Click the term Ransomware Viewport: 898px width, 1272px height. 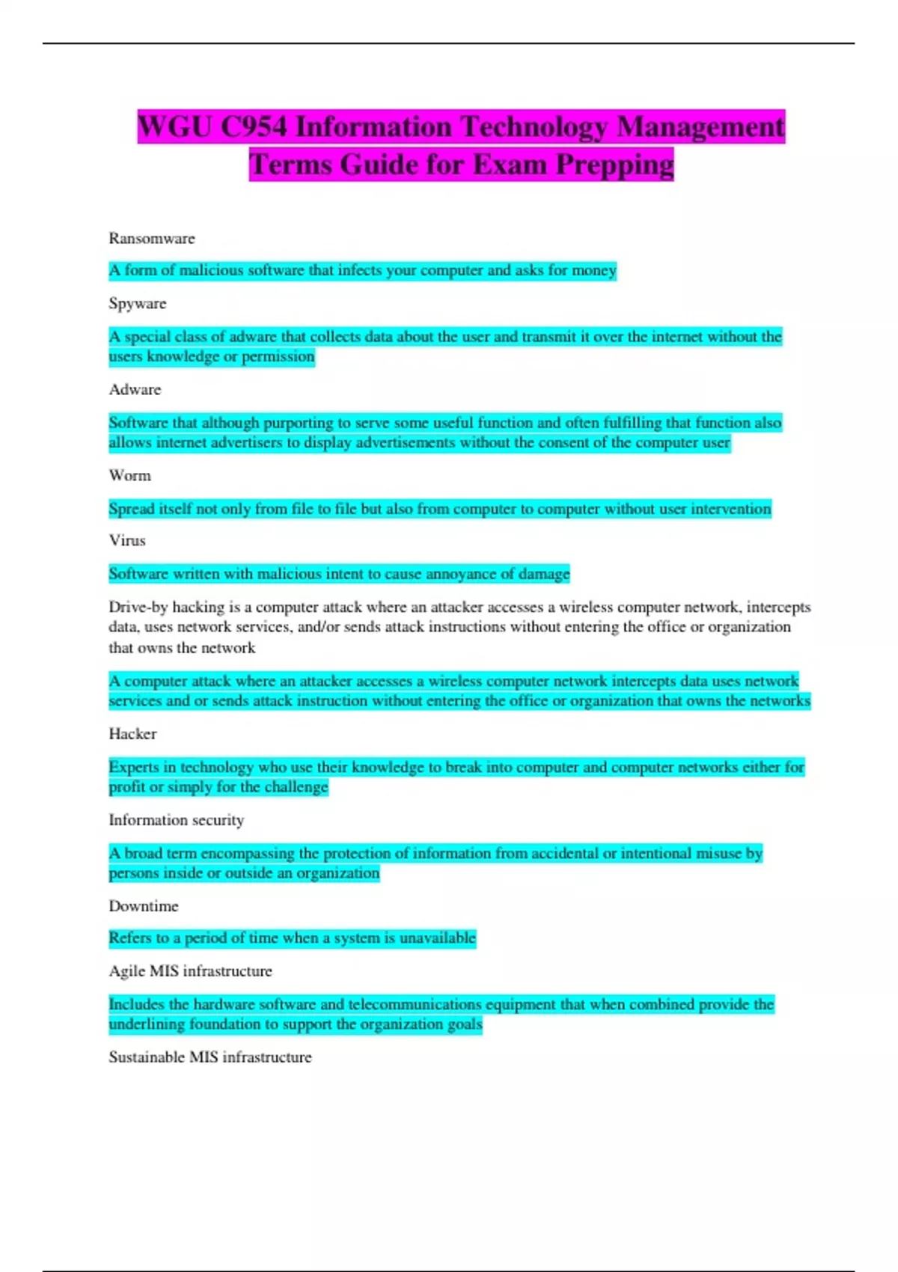pyautogui.click(x=152, y=239)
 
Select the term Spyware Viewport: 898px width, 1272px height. pyautogui.click(x=138, y=304)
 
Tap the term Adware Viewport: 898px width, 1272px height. pyautogui.click(x=135, y=390)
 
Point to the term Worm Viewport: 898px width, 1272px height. pyautogui.click(x=129, y=476)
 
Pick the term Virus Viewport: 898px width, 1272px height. pyautogui.click(x=127, y=540)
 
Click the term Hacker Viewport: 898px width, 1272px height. pyautogui.click(x=132, y=734)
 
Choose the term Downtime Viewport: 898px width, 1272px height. pyautogui.click(x=144, y=906)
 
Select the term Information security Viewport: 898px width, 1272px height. pyautogui.click(x=177, y=820)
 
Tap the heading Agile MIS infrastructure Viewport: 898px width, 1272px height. pyautogui.click(x=190, y=971)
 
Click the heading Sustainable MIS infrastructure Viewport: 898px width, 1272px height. pyautogui.click(x=210, y=1057)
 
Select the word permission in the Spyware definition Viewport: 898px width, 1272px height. pyautogui.click(x=278, y=357)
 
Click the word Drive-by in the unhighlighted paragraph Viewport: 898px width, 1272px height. pyautogui.click(x=138, y=607)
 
